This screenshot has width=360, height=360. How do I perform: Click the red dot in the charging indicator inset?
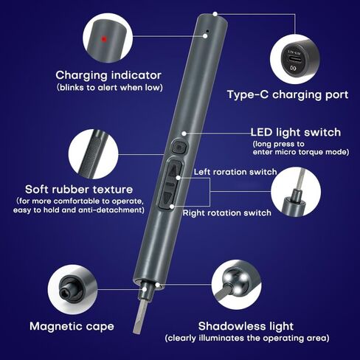tap(104, 39)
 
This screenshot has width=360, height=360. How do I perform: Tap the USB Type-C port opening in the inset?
tap(294, 59)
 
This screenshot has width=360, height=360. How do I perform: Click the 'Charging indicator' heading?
tap(108, 75)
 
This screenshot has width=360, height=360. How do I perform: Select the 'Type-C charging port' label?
tap(288, 95)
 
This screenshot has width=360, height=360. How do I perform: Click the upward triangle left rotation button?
tap(174, 171)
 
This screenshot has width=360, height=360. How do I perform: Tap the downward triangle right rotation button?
tap(167, 198)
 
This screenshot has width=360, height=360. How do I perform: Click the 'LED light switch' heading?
tap(296, 132)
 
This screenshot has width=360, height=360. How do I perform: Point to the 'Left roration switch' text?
tap(235, 172)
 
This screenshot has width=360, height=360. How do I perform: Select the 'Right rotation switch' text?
tap(226, 212)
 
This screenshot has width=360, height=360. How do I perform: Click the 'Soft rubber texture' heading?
tap(79, 190)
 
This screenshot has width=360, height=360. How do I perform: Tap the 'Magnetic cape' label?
tap(72, 327)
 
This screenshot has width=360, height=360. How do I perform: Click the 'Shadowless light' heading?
tap(246, 326)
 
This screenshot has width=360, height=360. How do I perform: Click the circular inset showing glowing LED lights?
tap(236, 285)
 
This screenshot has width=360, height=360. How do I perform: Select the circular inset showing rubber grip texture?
tap(94, 154)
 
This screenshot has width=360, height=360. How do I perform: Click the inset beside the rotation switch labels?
tap(296, 192)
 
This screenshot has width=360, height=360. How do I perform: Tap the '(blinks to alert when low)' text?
tap(110, 88)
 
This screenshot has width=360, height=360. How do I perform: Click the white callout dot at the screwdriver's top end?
tap(215, 14)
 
